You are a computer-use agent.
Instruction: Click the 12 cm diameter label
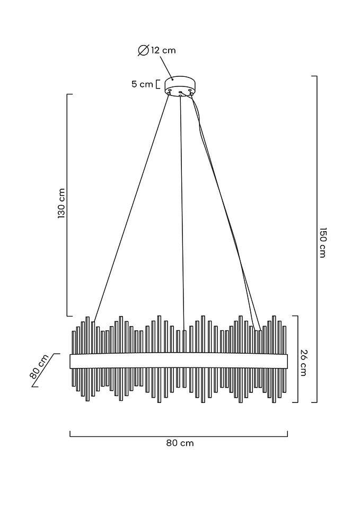pyautogui.click(x=163, y=50)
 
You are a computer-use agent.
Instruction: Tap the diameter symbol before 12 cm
pyautogui.click(x=143, y=51)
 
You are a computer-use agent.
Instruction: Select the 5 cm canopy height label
pyautogui.click(x=142, y=84)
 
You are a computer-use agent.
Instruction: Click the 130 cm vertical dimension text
pyautogui.click(x=62, y=203)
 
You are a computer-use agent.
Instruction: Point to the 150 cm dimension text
pyautogui.click(x=322, y=242)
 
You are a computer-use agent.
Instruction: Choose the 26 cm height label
pyautogui.click(x=303, y=363)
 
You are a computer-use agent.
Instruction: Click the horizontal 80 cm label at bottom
pyautogui.click(x=180, y=443)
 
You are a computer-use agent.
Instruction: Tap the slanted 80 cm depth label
pyautogui.click(x=39, y=366)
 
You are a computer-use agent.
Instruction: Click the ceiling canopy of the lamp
pyautogui.click(x=180, y=85)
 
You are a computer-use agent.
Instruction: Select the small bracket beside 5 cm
pyautogui.click(x=158, y=84)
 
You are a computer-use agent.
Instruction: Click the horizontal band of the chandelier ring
pyautogui.click(x=179, y=361)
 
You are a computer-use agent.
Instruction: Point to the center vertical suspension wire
pyautogui.click(x=182, y=213)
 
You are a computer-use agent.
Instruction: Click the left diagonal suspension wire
pyautogui.click(x=131, y=207)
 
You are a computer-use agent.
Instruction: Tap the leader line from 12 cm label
pyautogui.click(x=166, y=67)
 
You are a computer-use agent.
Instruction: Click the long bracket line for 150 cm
pyautogui.click(x=316, y=239)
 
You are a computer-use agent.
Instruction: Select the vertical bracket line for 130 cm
pyautogui.click(x=67, y=205)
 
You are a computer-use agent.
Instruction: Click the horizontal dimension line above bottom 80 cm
pyautogui.click(x=179, y=436)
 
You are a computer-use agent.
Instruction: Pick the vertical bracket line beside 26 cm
pyautogui.click(x=297, y=359)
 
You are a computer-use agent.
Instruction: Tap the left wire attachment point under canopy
pyautogui.click(x=169, y=93)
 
